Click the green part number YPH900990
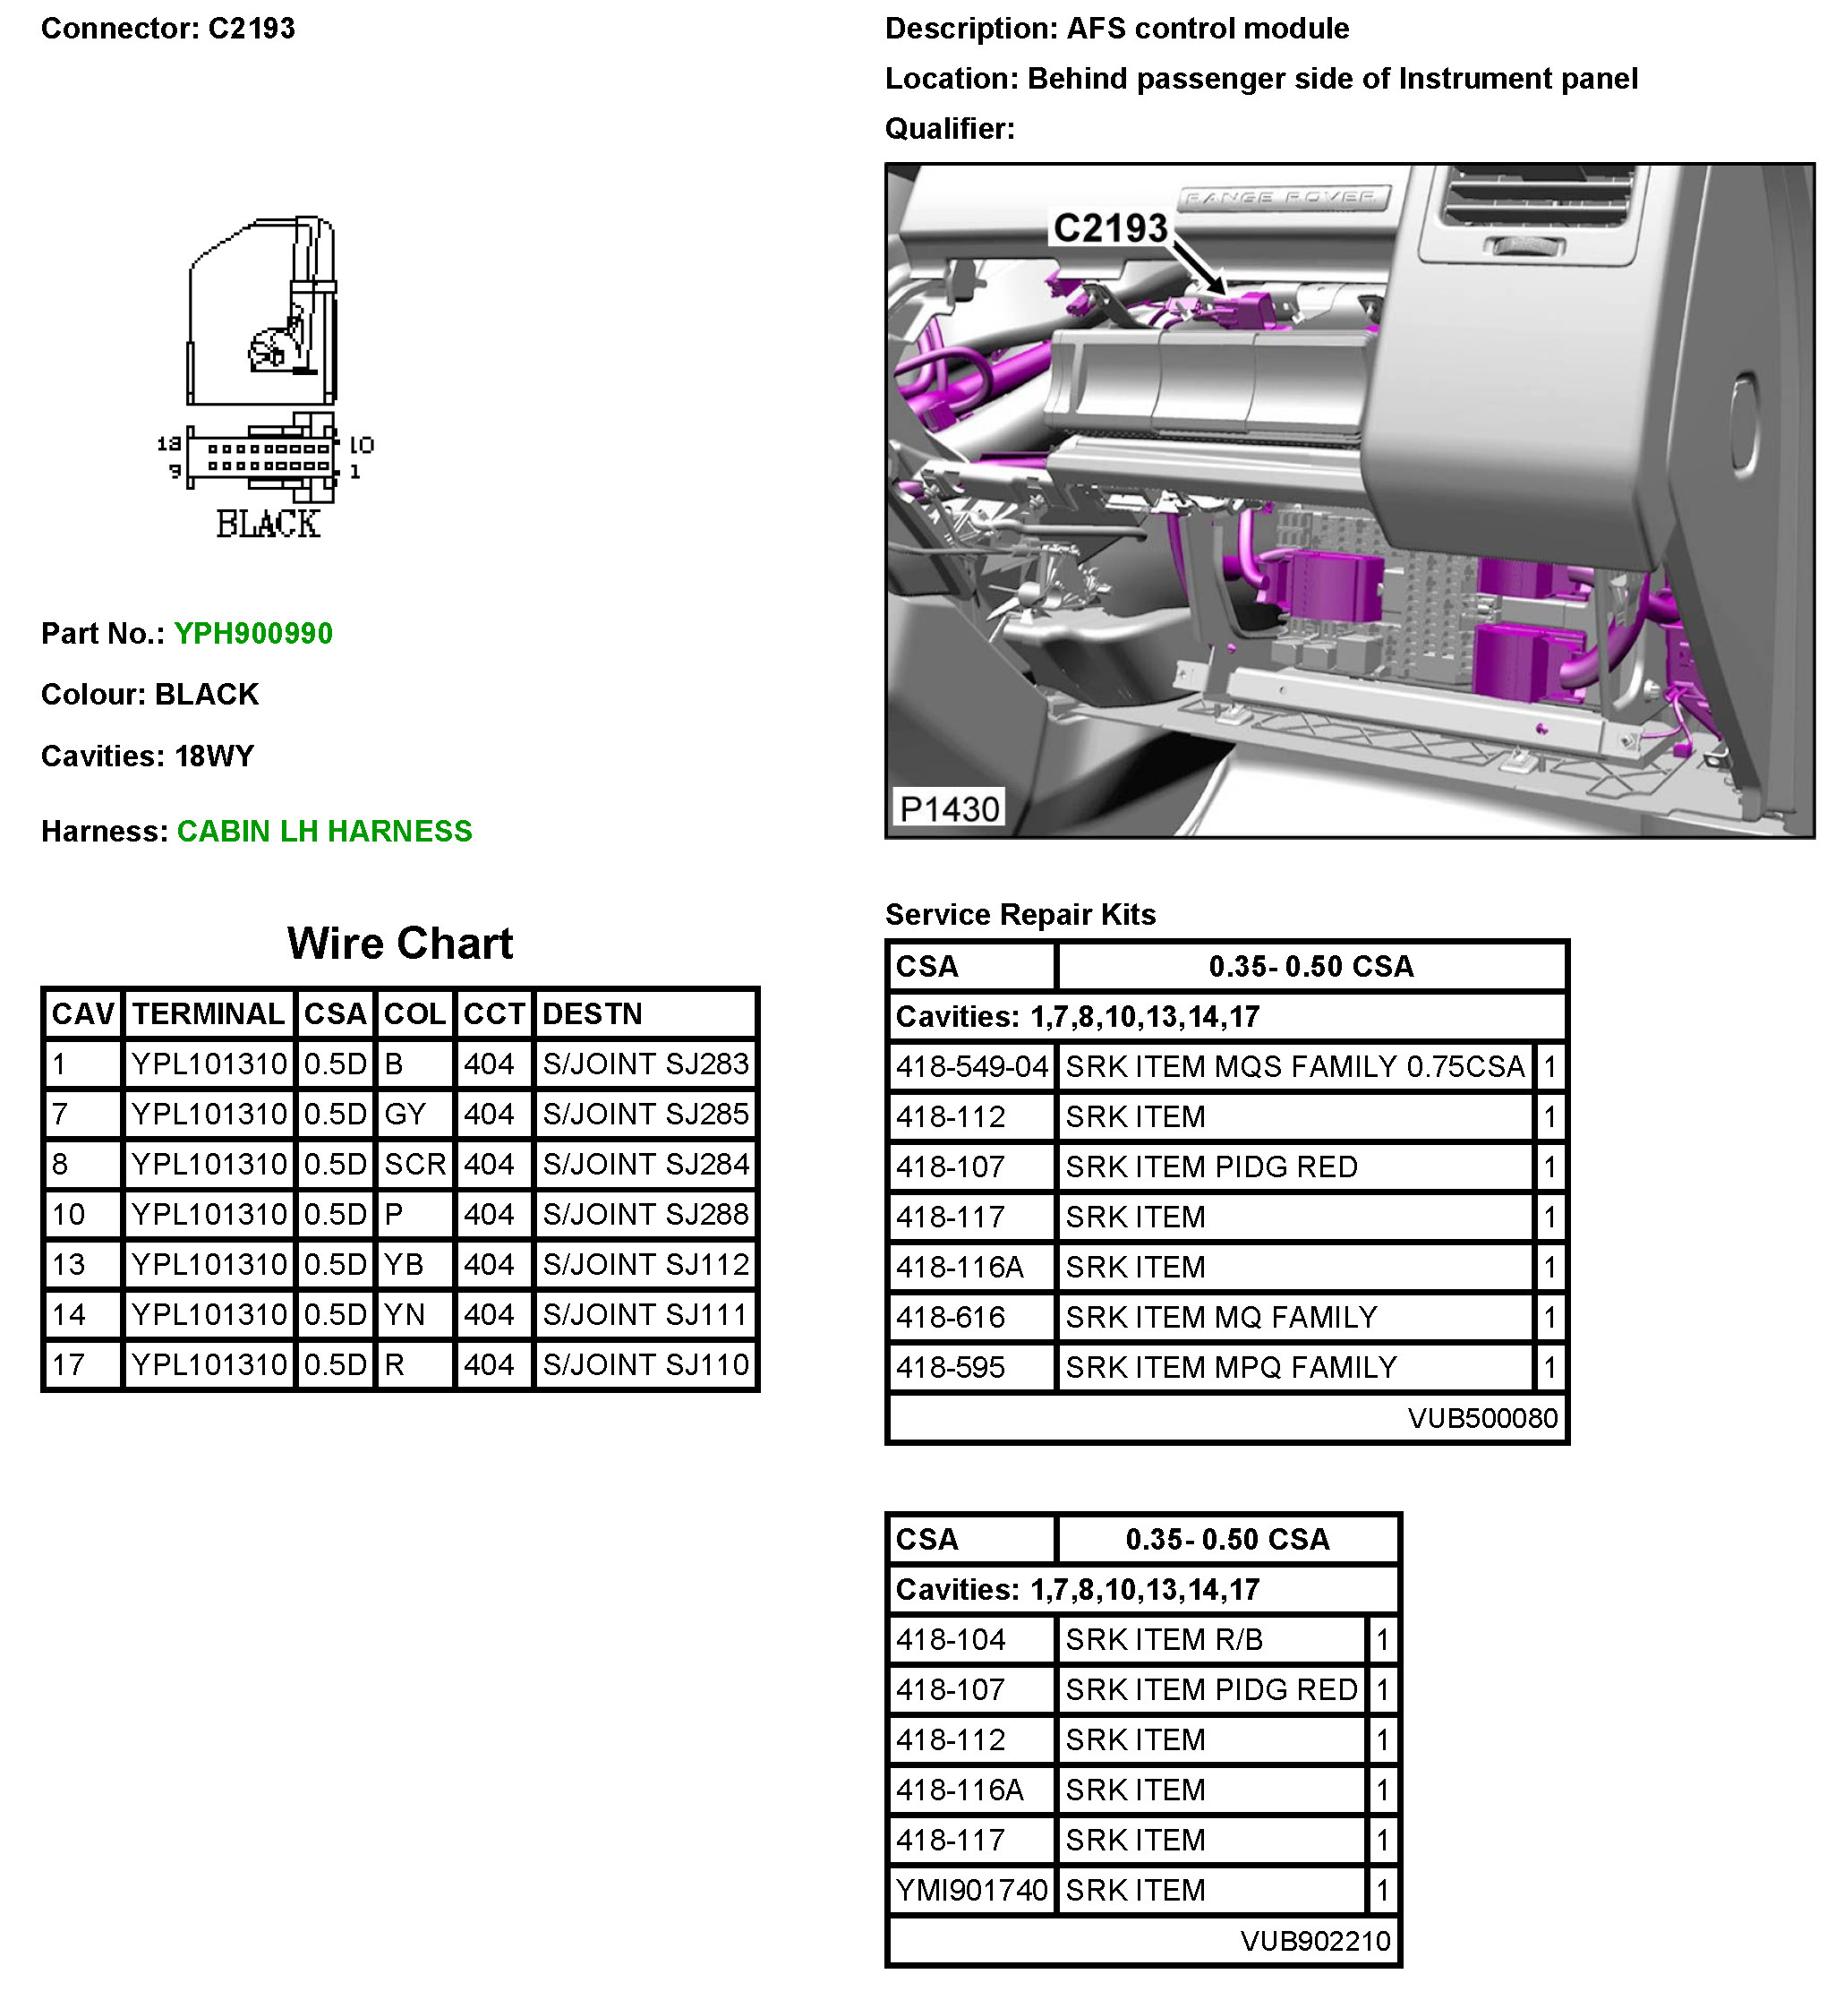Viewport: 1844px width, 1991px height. click(x=252, y=633)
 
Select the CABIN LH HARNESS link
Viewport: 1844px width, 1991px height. click(x=324, y=831)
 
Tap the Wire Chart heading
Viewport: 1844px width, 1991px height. click(x=399, y=943)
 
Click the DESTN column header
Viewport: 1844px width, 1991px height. click(x=592, y=1014)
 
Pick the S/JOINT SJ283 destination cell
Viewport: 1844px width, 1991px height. click(x=645, y=1064)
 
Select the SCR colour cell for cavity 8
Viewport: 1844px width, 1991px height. click(x=414, y=1164)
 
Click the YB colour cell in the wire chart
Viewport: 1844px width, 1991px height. click(x=404, y=1264)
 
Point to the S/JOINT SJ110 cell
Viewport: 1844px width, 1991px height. click(x=645, y=1364)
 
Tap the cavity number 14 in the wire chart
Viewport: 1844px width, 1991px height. click(x=69, y=1314)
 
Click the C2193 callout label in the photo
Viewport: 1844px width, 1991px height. click(x=1110, y=228)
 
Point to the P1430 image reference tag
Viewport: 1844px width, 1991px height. click(x=948, y=808)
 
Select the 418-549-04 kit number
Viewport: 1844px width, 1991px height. click(x=971, y=1067)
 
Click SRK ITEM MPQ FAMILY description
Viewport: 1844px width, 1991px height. click(x=1230, y=1367)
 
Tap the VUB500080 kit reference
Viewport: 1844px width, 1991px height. click(x=1481, y=1418)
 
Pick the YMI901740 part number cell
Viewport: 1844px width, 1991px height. click(x=971, y=1890)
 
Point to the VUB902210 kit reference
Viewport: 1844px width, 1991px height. click(x=1314, y=1941)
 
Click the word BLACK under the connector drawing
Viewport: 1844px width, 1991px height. click(x=268, y=524)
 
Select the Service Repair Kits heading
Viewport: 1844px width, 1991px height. click(x=1020, y=914)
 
